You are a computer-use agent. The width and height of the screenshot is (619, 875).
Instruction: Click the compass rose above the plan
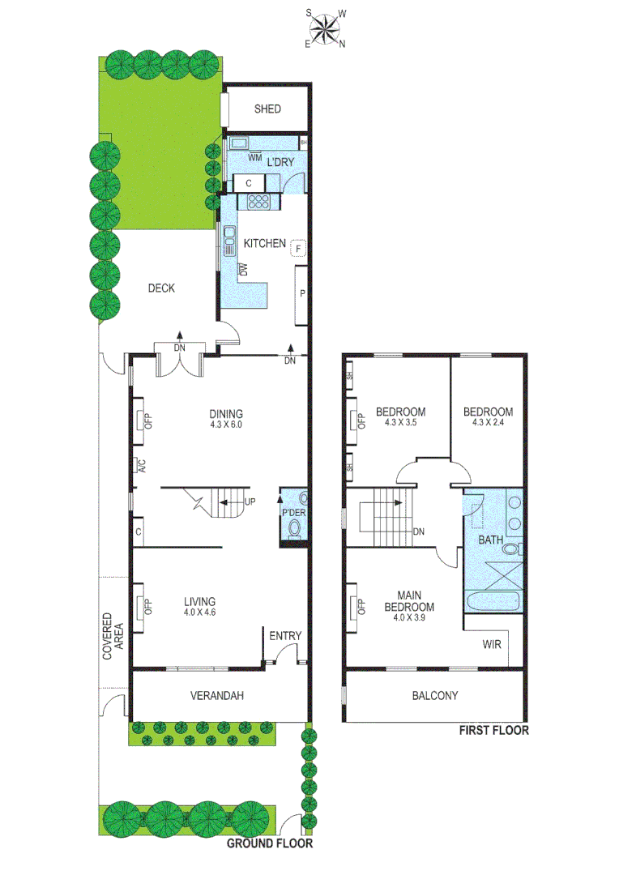click(325, 28)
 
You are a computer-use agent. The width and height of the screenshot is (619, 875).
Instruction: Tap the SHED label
click(267, 109)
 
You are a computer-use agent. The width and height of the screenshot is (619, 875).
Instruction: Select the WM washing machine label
click(254, 157)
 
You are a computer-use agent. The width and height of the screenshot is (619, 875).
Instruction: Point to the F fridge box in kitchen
click(298, 249)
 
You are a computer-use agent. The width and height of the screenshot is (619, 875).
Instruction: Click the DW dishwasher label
click(242, 269)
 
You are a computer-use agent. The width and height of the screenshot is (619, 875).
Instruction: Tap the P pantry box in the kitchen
click(301, 294)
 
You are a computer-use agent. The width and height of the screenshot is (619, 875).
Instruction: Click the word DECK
click(161, 288)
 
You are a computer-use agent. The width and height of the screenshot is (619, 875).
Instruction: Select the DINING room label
click(225, 412)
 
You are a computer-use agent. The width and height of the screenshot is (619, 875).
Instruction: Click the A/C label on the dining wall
click(139, 466)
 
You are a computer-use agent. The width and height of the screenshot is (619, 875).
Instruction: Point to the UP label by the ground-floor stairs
click(250, 502)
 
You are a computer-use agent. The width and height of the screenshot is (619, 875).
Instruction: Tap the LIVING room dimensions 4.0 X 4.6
click(199, 612)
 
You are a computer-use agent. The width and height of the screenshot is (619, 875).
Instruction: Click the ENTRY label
click(284, 636)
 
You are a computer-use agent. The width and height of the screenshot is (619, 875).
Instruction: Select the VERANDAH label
click(217, 695)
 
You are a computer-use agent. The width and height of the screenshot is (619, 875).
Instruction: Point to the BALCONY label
click(435, 695)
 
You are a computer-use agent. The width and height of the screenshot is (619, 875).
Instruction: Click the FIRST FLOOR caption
click(493, 730)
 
